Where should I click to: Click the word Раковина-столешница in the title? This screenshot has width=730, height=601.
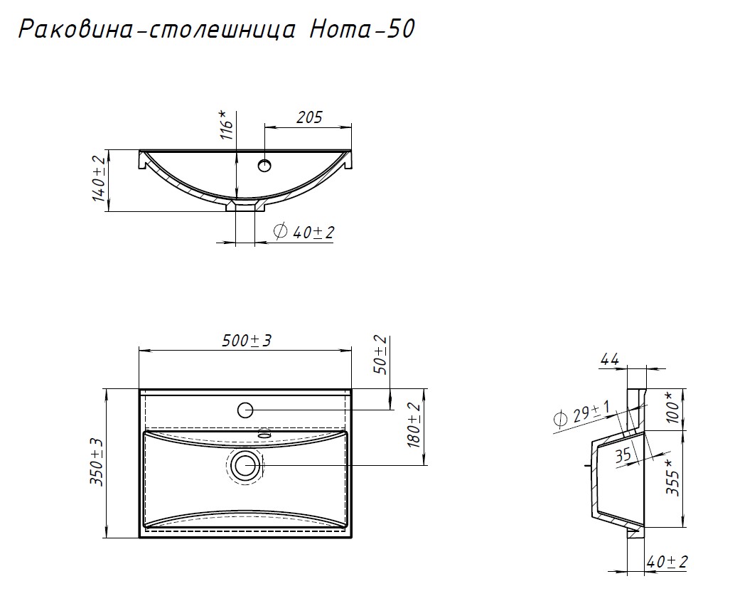[x=157, y=30]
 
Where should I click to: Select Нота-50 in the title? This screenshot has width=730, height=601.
[x=362, y=29]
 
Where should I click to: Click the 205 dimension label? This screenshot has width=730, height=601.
[x=309, y=117]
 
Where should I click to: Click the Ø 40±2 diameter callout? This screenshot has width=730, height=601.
[x=304, y=231]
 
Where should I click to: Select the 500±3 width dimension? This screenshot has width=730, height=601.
[x=246, y=341]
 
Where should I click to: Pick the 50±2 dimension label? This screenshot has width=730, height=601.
[x=380, y=355]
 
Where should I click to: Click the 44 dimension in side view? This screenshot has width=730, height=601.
[x=609, y=359]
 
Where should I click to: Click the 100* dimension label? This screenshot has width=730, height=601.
[x=672, y=408]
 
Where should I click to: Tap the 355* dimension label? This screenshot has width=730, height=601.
[x=672, y=477]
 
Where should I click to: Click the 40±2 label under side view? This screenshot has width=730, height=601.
[x=667, y=562]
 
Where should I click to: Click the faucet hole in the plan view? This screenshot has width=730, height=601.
[x=245, y=410]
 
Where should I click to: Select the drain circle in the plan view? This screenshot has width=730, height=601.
[x=245, y=466]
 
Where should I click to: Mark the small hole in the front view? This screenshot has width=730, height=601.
[x=265, y=165]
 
